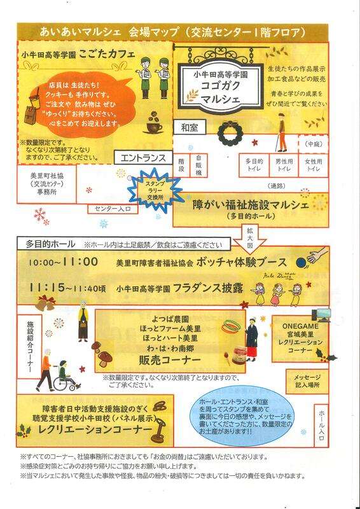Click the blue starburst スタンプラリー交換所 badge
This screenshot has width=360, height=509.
(x=159, y=190)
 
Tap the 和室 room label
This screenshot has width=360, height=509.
(x=190, y=128)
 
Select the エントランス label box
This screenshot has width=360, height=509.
(x=143, y=158)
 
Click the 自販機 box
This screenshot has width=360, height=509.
(x=198, y=165)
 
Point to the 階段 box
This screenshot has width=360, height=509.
(x=181, y=165)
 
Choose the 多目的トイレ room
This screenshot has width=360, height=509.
(x=254, y=165)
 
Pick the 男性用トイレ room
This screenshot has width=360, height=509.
(x=284, y=165)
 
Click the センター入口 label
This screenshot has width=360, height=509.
(x=113, y=209)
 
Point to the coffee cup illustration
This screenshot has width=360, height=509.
(x=153, y=123)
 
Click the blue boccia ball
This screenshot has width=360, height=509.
(x=300, y=261)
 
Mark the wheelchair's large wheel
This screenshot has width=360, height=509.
(x=61, y=384)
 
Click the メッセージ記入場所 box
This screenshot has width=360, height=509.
(x=307, y=381)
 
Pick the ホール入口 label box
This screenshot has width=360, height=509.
(x=321, y=425)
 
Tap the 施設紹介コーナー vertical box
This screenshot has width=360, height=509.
(x=29, y=346)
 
